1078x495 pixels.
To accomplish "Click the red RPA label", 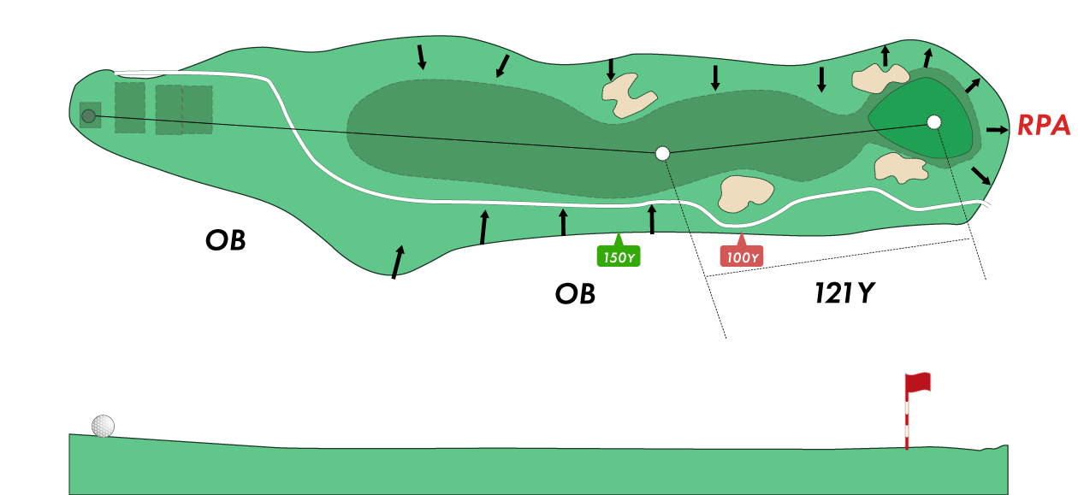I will click(1044, 126).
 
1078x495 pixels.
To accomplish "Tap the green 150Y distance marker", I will click(618, 256).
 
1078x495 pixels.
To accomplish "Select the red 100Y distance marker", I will click(741, 256).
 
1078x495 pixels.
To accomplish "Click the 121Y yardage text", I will click(845, 294).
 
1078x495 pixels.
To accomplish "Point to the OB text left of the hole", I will click(225, 240).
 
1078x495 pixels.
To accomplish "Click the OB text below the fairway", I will click(575, 294).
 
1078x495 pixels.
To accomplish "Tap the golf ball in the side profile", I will click(103, 426).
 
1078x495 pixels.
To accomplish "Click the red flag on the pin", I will click(920, 383).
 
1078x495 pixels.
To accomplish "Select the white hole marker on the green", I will click(933, 121).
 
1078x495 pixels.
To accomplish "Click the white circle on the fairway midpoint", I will click(662, 153).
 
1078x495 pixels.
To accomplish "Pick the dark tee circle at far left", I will click(88, 115).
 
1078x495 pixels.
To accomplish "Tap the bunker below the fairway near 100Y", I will click(746, 193).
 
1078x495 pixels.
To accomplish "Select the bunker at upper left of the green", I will click(880, 79).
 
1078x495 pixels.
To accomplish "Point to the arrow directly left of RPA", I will click(997, 130).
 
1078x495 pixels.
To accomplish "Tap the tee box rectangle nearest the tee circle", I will click(129, 108).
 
